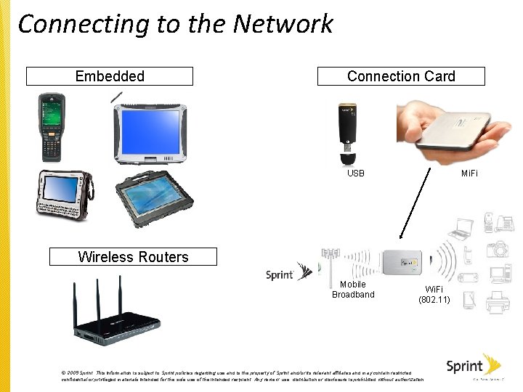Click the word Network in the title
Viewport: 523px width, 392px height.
click(283, 24)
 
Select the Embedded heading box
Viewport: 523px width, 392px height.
click(110, 76)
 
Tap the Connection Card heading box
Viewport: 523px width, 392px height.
click(401, 76)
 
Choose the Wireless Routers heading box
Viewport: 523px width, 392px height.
click(133, 257)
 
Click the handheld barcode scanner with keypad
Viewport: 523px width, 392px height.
click(52, 127)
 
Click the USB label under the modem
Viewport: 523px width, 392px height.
click(356, 173)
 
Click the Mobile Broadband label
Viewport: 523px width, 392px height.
click(353, 290)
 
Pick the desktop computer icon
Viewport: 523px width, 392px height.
click(500, 274)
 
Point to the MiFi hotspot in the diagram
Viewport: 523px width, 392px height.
click(401, 263)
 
